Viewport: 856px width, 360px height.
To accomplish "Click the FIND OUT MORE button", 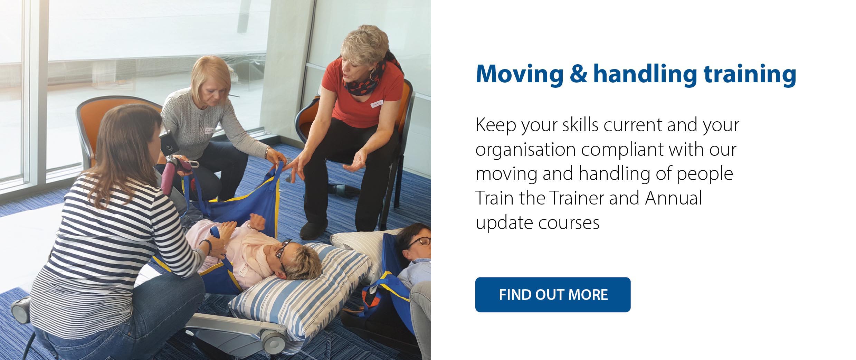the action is point(553,295).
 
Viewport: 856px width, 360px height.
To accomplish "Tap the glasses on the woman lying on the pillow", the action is point(283,255).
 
